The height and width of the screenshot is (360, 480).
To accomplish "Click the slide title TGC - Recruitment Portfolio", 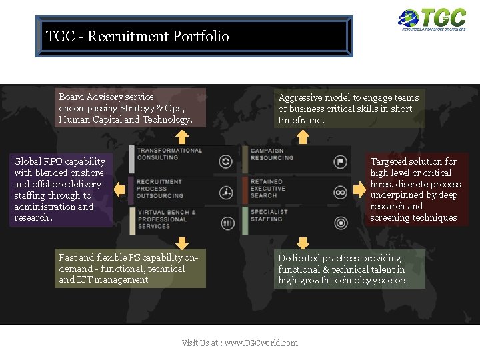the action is (x=137, y=36).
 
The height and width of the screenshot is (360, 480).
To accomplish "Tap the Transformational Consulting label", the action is (x=169, y=154).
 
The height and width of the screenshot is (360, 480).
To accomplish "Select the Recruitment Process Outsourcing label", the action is (x=160, y=189).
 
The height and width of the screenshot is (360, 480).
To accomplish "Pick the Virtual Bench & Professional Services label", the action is (x=166, y=219).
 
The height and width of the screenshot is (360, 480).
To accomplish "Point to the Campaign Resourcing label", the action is (x=272, y=155).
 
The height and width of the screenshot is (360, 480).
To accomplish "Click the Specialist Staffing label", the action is (x=269, y=215).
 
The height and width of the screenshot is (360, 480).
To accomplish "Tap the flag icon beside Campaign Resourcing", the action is (x=340, y=161).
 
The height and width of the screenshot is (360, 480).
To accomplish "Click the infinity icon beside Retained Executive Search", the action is (x=340, y=193).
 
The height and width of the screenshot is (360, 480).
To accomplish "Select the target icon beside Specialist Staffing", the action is (x=340, y=223).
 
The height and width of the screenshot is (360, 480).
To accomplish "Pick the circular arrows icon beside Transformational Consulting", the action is (x=226, y=161).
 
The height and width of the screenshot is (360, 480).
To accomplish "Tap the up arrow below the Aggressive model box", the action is (x=303, y=137).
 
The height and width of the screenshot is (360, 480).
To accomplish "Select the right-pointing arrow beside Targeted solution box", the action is (x=359, y=190).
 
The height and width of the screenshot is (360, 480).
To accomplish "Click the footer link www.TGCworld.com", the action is (x=261, y=343).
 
